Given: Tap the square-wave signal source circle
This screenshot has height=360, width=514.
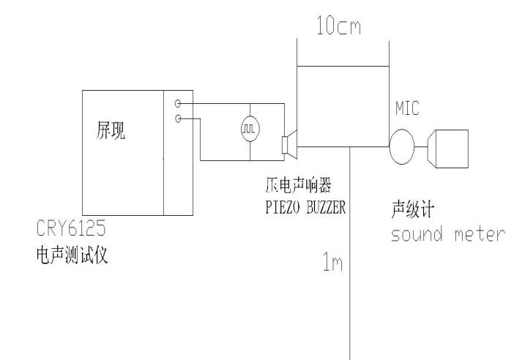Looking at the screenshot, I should tap(250, 129).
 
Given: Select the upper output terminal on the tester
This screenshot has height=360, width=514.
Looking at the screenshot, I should tap(178, 105).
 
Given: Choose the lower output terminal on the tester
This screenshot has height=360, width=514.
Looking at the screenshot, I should tap(178, 119).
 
